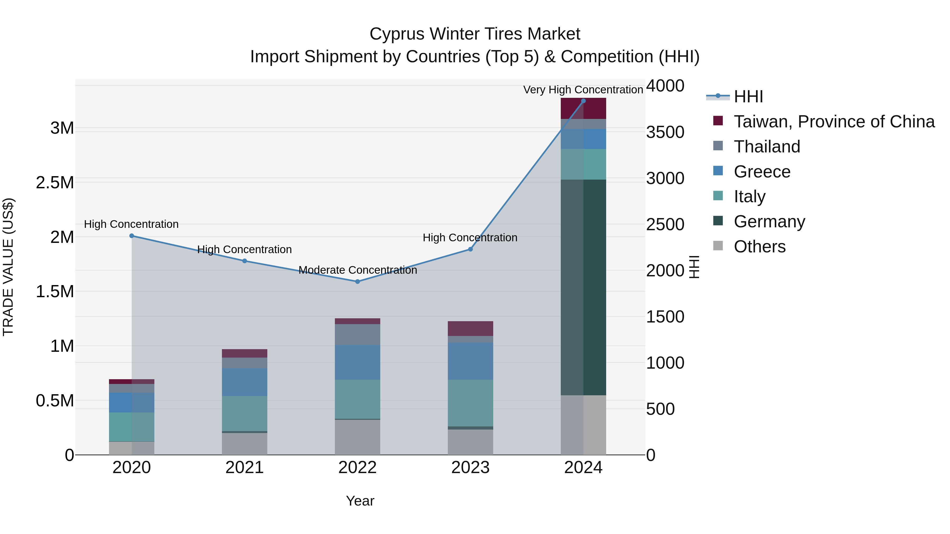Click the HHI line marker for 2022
click(x=357, y=282)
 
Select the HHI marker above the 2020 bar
click(x=132, y=236)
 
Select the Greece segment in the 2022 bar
click(x=357, y=362)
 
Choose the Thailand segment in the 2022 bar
click(x=357, y=334)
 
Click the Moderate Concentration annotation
click(x=357, y=270)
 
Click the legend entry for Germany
click(x=769, y=222)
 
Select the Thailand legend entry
click(x=767, y=147)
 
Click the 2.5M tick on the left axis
click(x=55, y=183)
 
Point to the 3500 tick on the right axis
click(x=665, y=132)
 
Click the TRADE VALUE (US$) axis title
click(x=8, y=267)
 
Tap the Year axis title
click(x=360, y=501)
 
